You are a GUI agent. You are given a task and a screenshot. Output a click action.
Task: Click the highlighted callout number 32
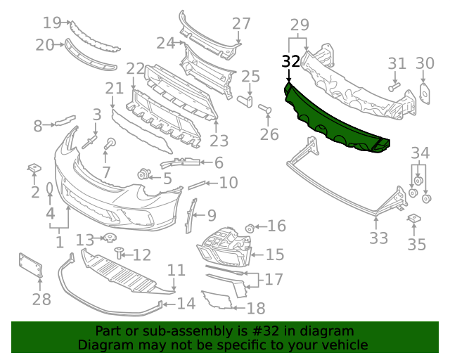291,62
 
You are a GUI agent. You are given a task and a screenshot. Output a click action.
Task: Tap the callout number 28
41,300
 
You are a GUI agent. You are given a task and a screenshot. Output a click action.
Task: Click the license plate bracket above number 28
30,265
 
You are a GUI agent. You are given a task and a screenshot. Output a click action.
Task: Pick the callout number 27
241,23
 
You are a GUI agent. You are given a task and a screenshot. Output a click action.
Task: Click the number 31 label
397,63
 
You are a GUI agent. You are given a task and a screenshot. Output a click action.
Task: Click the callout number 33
378,238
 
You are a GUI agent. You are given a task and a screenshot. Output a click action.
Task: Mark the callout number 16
276,226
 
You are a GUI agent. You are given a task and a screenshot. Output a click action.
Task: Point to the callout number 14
186,304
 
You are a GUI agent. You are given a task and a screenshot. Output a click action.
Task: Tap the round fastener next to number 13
110,238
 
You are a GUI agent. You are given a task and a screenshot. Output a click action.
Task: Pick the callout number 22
135,69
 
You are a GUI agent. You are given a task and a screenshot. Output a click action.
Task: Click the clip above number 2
33,168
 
